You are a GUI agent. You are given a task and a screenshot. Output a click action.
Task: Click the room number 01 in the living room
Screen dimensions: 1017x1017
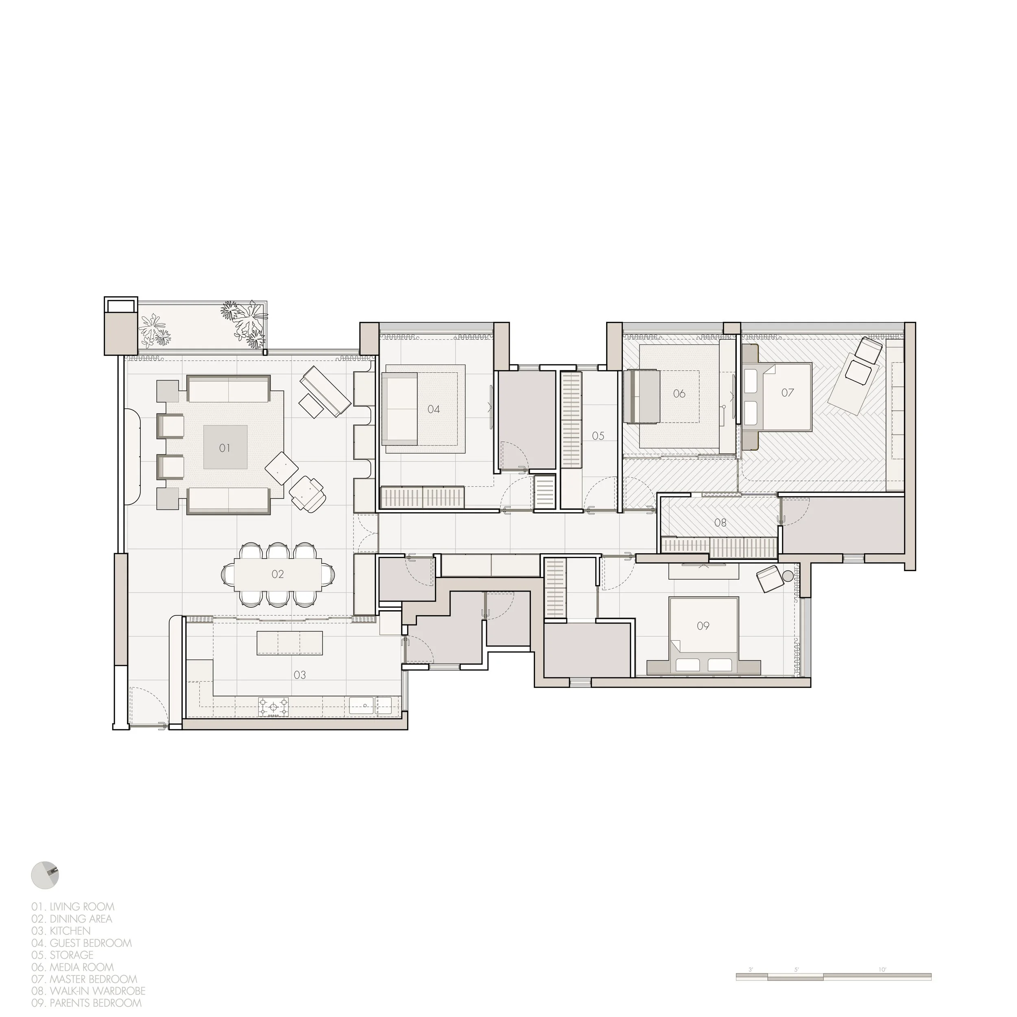(x=225, y=448)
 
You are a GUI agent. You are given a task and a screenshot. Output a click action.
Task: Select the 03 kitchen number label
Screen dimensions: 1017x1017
(x=299, y=675)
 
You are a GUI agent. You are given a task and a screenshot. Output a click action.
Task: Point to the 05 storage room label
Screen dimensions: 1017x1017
(x=598, y=436)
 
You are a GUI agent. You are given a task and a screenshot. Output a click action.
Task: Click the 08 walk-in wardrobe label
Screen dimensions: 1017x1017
(x=720, y=523)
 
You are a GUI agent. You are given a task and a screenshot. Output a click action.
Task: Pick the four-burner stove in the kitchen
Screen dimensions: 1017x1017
(x=273, y=707)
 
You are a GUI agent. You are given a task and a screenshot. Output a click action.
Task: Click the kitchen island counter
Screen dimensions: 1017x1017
(x=290, y=643)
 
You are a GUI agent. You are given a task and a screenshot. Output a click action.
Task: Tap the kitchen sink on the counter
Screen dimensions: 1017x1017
(x=371, y=706)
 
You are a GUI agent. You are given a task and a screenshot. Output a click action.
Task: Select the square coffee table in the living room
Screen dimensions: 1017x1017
(x=225, y=447)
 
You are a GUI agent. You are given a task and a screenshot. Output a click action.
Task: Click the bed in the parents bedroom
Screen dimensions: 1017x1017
(x=703, y=635)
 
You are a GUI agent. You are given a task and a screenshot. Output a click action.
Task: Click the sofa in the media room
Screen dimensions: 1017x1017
(x=642, y=396)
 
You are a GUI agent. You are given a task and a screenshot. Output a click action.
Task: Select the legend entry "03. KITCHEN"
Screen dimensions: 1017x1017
(x=61, y=931)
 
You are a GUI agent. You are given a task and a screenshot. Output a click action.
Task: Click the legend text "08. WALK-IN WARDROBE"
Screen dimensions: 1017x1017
(x=88, y=991)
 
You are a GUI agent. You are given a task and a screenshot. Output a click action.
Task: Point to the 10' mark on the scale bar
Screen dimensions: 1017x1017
(x=883, y=970)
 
